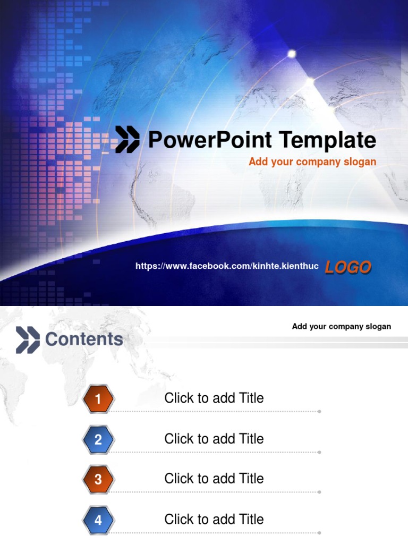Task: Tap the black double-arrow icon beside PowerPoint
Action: (127, 140)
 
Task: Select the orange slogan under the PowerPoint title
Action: (312, 162)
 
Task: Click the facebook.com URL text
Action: (227, 266)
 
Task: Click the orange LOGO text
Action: (348, 267)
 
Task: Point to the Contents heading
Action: (84, 339)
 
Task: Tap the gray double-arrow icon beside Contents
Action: (28, 340)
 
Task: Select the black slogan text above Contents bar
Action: (341, 326)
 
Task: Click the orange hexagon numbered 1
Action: (98, 398)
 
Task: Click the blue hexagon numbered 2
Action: (98, 439)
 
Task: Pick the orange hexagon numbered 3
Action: (98, 479)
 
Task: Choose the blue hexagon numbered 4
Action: (98, 520)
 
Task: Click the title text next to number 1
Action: (214, 398)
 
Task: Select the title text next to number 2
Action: (214, 439)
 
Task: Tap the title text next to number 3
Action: (214, 479)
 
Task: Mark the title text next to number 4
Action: (214, 519)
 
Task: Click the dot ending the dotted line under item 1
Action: (319, 411)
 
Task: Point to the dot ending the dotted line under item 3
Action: (319, 492)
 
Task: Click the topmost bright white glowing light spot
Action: (292, 53)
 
